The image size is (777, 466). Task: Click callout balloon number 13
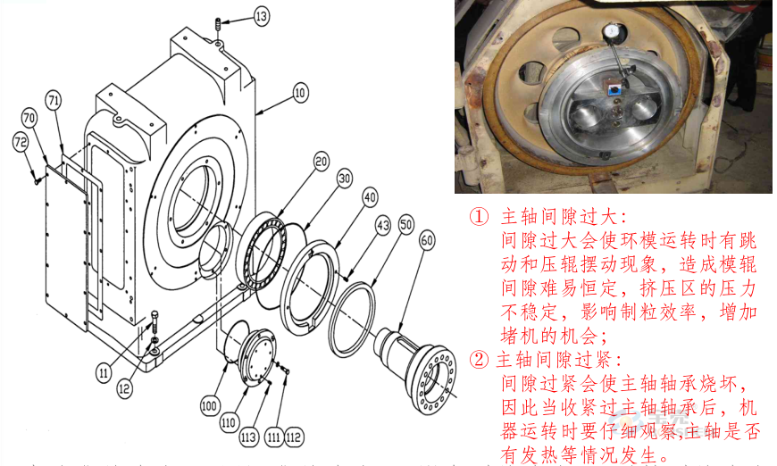pos(236,16)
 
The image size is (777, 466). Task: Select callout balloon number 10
pos(299,91)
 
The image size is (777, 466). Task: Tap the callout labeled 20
pos(321,162)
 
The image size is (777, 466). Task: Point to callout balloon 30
pos(344,179)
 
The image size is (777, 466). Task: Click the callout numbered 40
pos(370,196)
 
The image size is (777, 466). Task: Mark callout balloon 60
pos(427,239)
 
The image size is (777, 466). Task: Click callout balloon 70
pos(29,117)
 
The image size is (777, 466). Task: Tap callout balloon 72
pos(20,141)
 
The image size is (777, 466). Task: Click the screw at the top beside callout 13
pos(217,29)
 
